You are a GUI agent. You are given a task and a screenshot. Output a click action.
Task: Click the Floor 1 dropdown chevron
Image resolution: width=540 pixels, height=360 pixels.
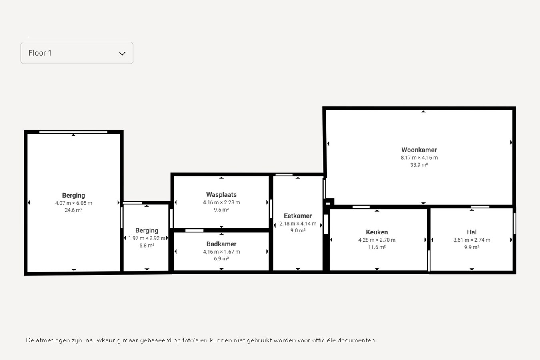(x=122, y=53)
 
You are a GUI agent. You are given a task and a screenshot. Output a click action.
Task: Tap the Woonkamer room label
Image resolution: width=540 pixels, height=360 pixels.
(x=419, y=150)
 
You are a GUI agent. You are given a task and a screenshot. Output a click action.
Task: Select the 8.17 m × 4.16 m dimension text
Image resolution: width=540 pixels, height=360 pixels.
(x=419, y=158)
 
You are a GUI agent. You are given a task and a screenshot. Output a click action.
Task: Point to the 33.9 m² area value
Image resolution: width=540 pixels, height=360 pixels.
(x=419, y=165)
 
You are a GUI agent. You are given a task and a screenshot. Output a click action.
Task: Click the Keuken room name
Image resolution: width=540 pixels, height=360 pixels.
(x=377, y=232)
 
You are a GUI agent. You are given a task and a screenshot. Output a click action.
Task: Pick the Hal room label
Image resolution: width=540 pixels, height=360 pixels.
(x=472, y=232)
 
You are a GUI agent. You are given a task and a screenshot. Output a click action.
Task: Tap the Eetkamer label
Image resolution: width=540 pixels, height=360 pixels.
(x=298, y=216)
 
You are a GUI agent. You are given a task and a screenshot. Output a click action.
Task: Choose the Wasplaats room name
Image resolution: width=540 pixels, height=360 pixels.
(x=221, y=195)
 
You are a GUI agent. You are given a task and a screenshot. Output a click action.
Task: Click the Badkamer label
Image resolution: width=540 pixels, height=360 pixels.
(x=221, y=244)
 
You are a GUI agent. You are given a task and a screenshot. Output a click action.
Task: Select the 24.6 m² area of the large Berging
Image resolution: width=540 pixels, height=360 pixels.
(x=74, y=210)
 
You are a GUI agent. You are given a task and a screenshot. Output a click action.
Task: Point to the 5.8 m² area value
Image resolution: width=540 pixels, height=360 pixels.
(x=147, y=246)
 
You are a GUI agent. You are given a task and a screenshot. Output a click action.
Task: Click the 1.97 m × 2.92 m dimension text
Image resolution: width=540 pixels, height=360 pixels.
(x=147, y=238)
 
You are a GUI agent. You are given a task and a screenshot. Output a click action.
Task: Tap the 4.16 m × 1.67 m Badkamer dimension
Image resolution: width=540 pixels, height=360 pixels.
(x=221, y=252)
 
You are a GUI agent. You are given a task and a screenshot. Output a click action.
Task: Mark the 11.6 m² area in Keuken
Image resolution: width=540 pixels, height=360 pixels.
(x=377, y=247)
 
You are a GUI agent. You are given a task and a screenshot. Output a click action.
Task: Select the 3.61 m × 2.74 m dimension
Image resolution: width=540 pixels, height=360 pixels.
(x=472, y=240)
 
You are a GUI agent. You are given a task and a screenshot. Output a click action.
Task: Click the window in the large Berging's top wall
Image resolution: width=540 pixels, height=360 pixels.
(x=73, y=132)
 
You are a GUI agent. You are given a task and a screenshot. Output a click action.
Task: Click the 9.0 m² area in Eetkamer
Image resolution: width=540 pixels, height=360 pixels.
(x=298, y=231)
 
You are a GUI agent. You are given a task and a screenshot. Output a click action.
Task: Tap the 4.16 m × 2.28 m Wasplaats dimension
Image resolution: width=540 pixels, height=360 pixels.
(x=221, y=202)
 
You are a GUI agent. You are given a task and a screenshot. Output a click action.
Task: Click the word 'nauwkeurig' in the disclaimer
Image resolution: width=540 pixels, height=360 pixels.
(x=103, y=340)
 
